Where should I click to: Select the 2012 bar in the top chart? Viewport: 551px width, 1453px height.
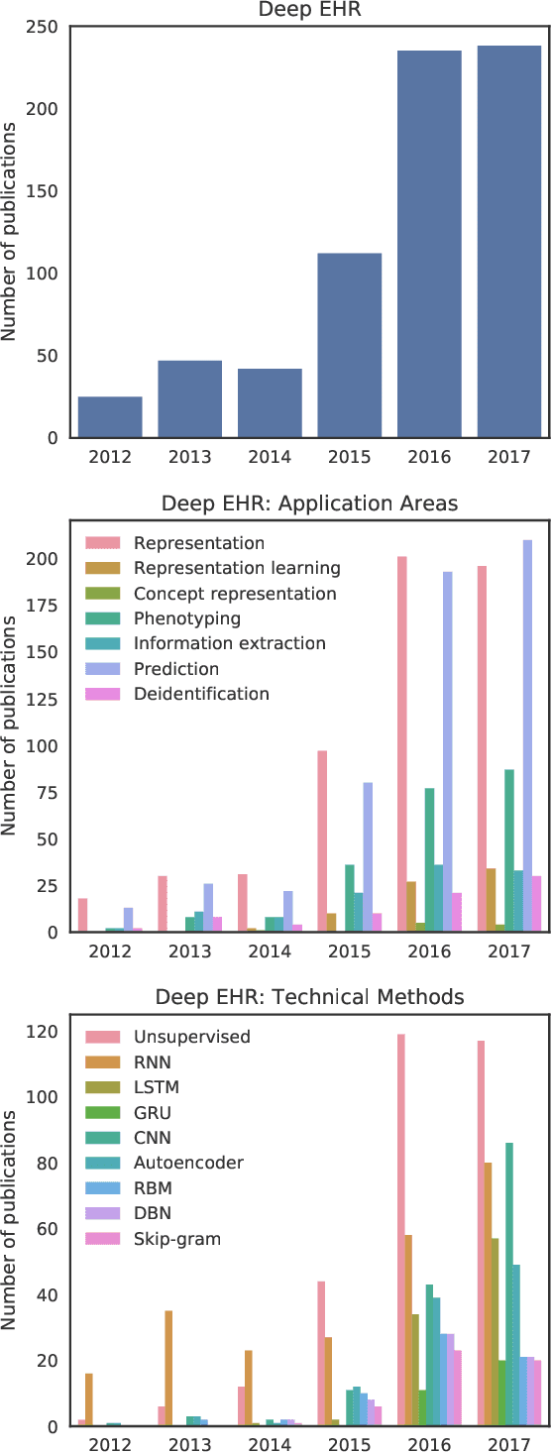(110, 417)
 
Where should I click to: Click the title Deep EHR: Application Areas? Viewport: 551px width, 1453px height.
(310, 503)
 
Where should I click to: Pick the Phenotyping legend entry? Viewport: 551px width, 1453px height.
(186, 618)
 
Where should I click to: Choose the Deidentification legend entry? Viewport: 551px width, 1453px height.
(201, 694)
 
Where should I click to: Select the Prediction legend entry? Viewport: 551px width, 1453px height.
(175, 669)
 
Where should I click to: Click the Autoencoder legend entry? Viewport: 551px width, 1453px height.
(188, 1162)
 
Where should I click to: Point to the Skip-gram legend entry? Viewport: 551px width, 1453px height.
(177, 1238)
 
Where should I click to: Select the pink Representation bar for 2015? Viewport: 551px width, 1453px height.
(323, 841)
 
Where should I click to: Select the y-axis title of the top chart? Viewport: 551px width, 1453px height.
(11, 231)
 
